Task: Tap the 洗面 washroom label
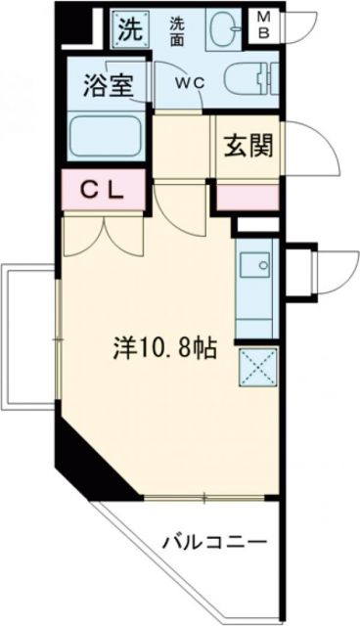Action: click(x=177, y=28)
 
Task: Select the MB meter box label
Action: click(x=264, y=27)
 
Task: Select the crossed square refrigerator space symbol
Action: click(x=258, y=368)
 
